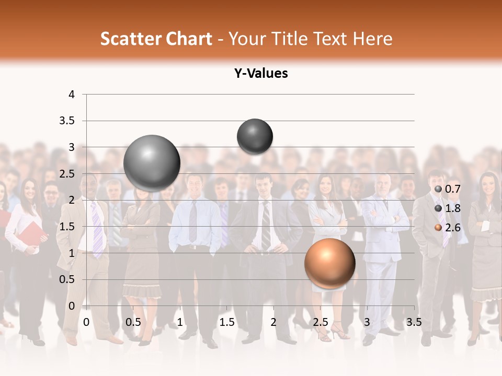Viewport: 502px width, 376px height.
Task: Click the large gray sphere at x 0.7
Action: [x=152, y=163]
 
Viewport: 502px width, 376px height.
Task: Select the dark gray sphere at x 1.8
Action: [x=255, y=137]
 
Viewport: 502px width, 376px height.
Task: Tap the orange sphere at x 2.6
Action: [x=329, y=263]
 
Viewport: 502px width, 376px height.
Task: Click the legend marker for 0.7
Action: [x=438, y=189]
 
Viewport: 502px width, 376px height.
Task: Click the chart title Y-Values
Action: [x=261, y=74]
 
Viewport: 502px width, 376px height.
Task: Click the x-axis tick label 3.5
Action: [x=414, y=322]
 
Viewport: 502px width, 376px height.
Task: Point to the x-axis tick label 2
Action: [x=273, y=322]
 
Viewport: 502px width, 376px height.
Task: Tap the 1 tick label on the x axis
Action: [x=180, y=322]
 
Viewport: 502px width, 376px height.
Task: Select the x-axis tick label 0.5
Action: [x=133, y=322]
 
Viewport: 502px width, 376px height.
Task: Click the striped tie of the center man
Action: [x=266, y=225]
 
